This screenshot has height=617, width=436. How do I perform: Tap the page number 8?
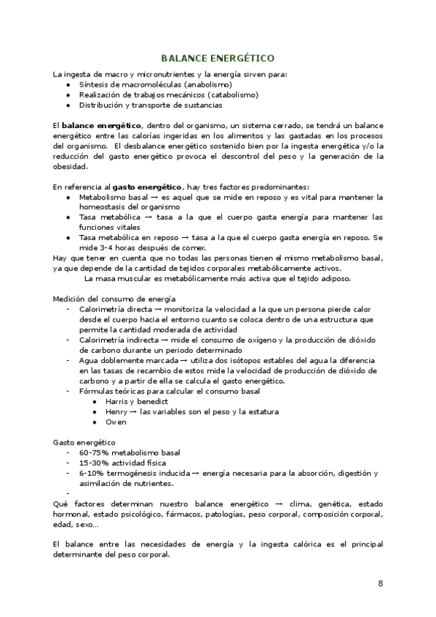click(381, 584)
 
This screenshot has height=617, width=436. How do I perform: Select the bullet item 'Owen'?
click(116, 421)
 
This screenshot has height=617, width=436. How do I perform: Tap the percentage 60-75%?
click(94, 453)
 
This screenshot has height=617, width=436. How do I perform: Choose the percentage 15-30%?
click(94, 463)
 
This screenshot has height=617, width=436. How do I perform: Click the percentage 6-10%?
click(91, 473)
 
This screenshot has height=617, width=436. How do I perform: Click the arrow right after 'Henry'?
click(134, 412)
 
